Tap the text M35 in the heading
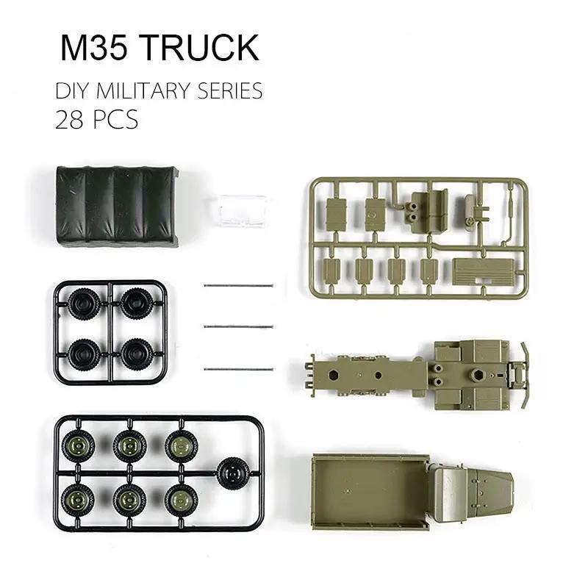click(93, 48)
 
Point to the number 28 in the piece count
click(69, 118)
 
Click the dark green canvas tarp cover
click(116, 205)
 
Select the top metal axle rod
click(237, 286)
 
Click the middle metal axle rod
click(237, 326)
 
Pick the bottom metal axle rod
click(237, 368)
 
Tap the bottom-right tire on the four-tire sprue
click(137, 354)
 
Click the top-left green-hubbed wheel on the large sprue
click(78, 445)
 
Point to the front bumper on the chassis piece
click(523, 376)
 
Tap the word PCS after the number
click(115, 118)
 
